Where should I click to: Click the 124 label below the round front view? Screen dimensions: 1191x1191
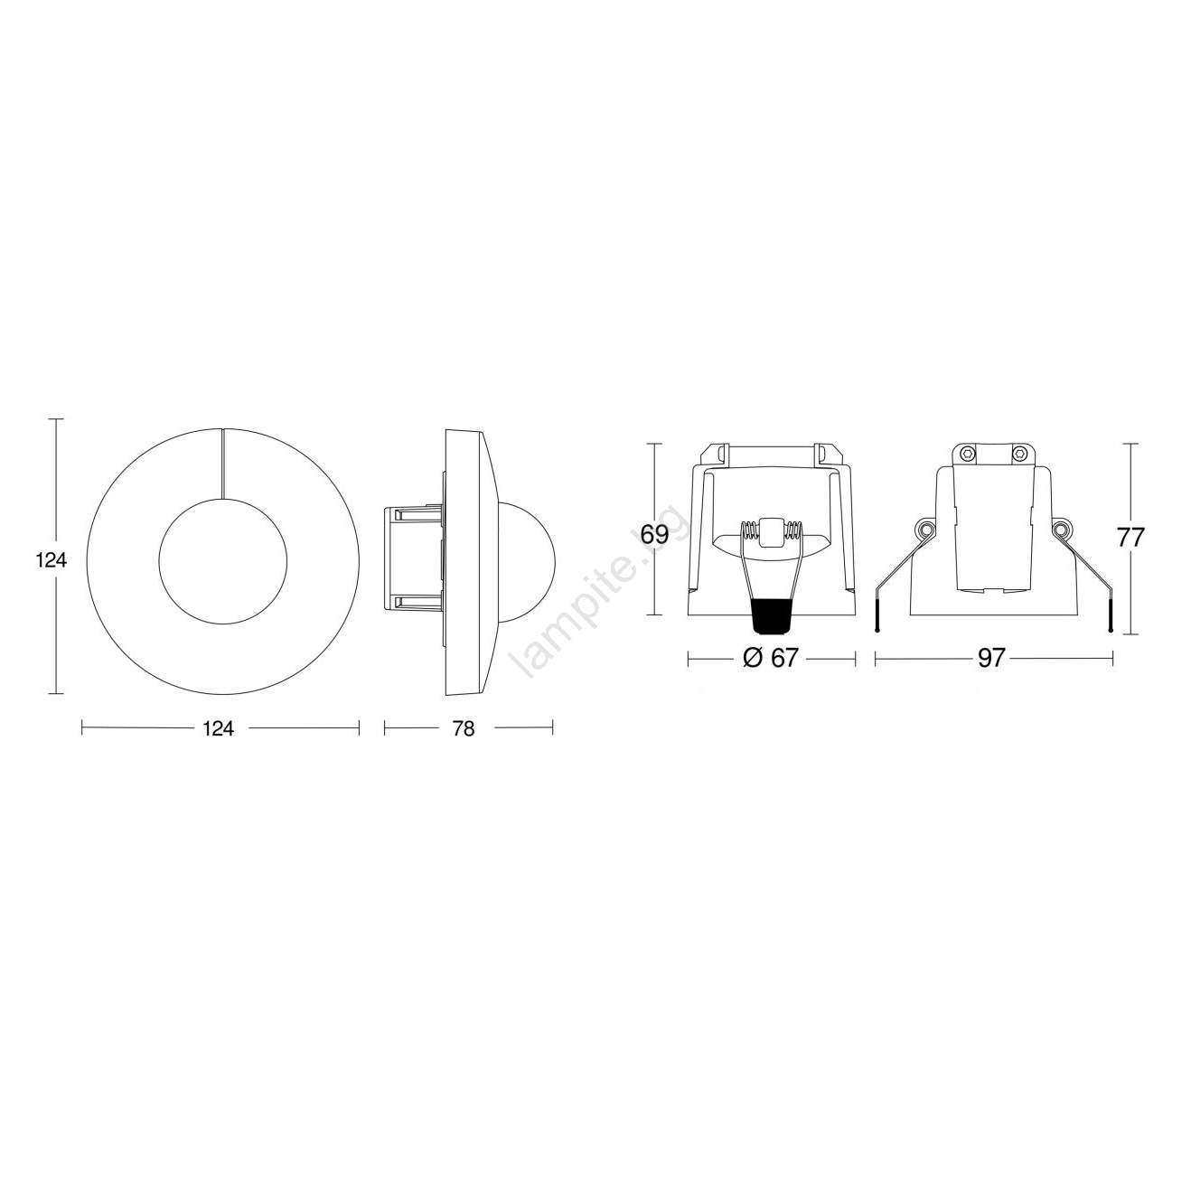(218, 729)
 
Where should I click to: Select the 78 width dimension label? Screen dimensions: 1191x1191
(463, 729)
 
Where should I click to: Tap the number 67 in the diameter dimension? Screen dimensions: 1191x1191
(783, 658)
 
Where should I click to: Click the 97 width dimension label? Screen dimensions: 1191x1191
(992, 658)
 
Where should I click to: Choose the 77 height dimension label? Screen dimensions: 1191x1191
(1130, 537)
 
